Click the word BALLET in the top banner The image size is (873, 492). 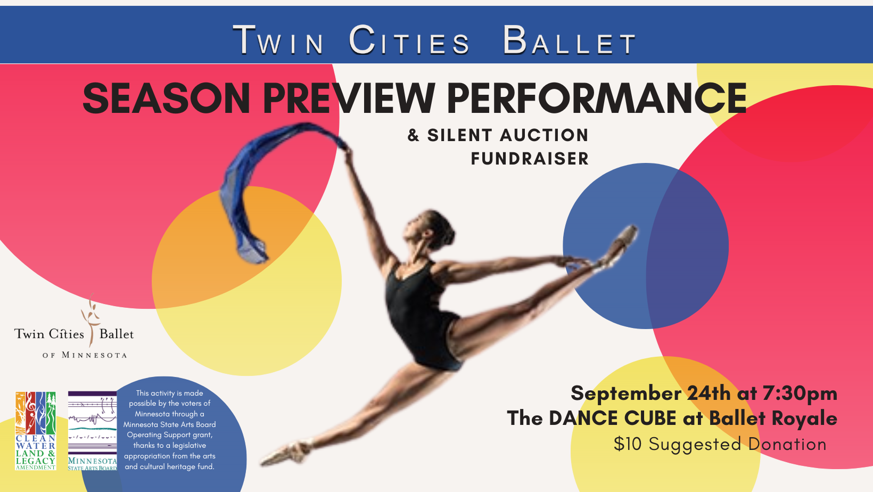(570, 40)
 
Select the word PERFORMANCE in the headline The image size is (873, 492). (597, 99)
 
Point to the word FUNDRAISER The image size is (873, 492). (530, 159)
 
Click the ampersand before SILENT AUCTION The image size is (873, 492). (413, 135)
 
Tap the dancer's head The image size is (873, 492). (431, 228)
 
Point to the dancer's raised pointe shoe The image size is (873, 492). (621, 244)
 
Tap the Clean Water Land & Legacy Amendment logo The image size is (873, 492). (36, 431)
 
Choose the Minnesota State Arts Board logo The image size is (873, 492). (93, 431)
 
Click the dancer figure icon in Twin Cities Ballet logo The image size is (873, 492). (91, 319)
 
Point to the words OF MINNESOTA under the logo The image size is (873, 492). (85, 355)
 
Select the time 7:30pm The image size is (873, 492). (800, 393)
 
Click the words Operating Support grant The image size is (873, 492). (169, 434)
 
